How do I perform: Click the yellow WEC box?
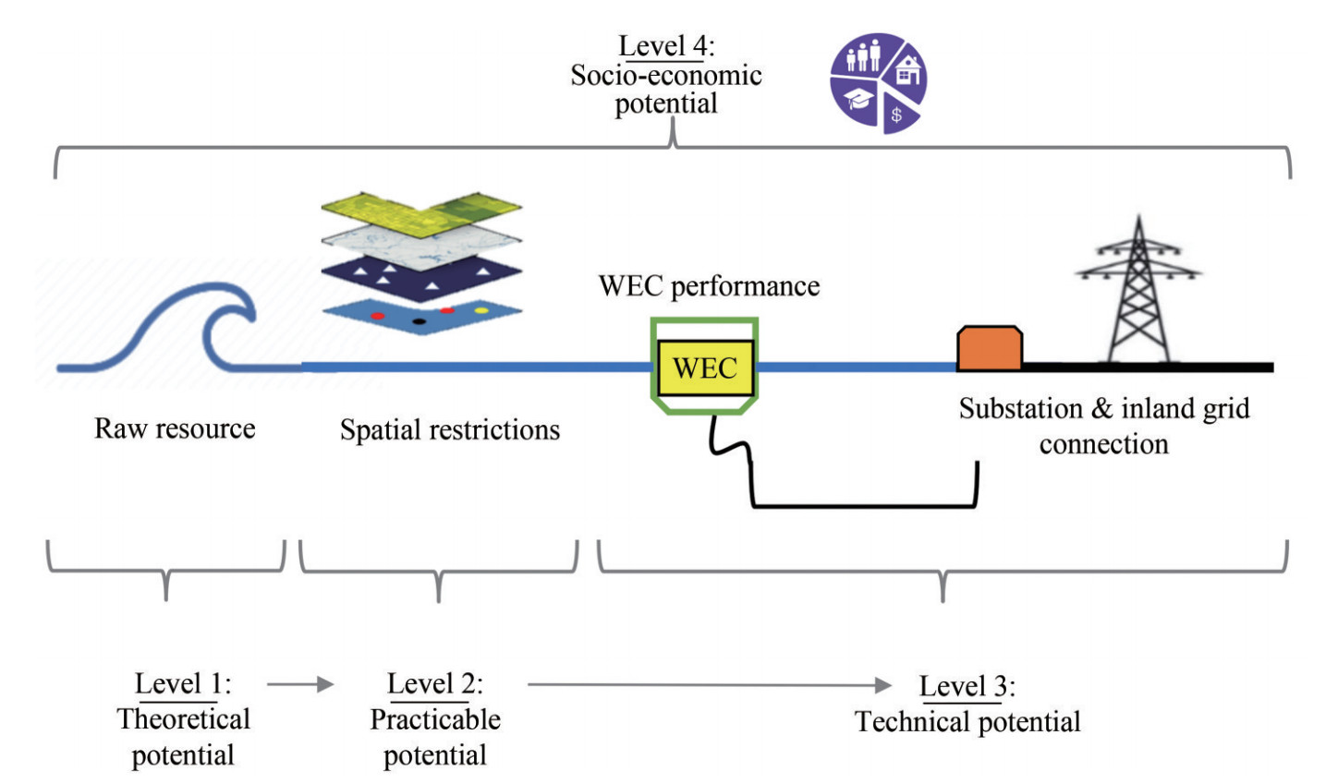click(x=705, y=367)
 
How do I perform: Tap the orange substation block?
click(x=989, y=349)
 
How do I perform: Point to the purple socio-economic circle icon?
click(x=878, y=83)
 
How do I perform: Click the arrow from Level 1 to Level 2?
click(x=300, y=684)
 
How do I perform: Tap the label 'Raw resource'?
click(x=175, y=428)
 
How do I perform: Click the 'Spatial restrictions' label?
click(x=450, y=430)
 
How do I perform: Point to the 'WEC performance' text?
click(x=709, y=286)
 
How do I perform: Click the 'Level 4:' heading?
click(x=665, y=46)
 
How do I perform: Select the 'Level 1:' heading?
click(x=183, y=684)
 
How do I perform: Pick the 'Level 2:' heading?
click(x=434, y=684)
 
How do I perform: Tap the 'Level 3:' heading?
click(x=967, y=687)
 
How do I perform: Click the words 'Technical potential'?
click(x=967, y=722)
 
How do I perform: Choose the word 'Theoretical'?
click(x=184, y=720)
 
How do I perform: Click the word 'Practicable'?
click(x=435, y=720)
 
